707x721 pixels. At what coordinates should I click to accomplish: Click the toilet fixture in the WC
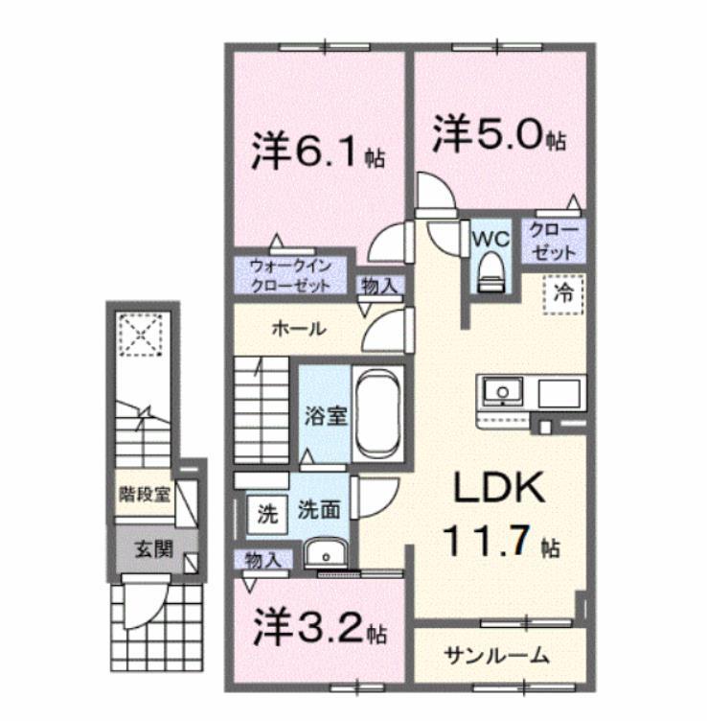point(490,268)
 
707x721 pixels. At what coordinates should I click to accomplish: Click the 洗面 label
point(317,511)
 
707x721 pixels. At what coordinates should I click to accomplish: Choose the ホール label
point(299,329)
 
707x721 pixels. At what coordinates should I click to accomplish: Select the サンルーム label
point(496,657)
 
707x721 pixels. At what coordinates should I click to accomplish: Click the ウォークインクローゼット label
point(289,276)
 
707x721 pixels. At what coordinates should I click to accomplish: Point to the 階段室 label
point(147,495)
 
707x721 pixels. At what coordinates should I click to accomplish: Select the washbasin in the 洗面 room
point(326,554)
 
